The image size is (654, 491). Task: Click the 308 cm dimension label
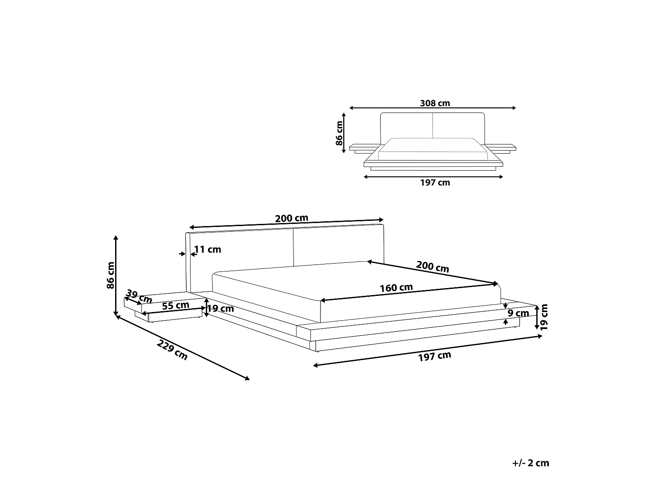tap(435, 103)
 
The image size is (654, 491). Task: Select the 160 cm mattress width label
tap(396, 288)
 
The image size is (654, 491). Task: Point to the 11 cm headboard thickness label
tap(208, 250)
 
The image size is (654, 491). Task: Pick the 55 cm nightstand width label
tap(175, 306)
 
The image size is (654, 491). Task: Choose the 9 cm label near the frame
tap(518, 313)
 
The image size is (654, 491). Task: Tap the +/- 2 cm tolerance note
tap(531, 463)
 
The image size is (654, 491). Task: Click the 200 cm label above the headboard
tap(291, 218)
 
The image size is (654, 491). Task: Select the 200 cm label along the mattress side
tap(433, 266)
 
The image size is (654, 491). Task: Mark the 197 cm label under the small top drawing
tap(435, 182)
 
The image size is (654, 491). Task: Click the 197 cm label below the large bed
tap(434, 357)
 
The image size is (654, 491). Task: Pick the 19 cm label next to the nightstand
tap(220, 309)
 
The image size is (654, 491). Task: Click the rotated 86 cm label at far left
tap(110, 275)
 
